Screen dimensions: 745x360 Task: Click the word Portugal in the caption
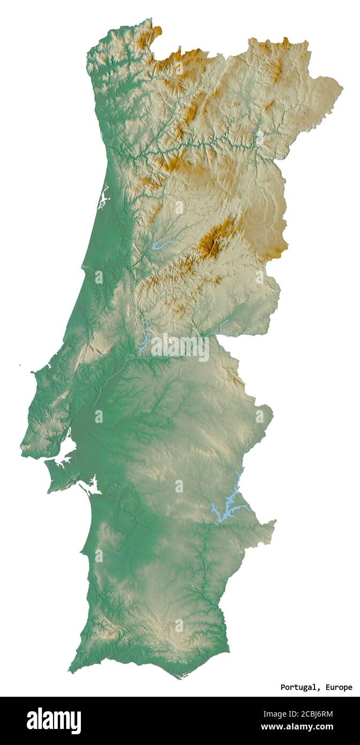point(298,687)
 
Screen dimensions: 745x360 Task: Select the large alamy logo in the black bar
point(54,720)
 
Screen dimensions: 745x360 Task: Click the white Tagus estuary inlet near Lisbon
point(64,450)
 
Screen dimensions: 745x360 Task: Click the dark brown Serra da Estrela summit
point(211,245)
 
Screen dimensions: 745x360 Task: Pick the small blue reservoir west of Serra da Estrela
point(160,245)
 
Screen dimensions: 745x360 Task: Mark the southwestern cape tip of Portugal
point(70,670)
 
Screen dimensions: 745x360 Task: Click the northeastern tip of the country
point(341,86)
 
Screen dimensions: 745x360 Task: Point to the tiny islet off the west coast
point(19,366)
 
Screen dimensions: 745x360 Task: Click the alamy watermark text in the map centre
point(179,347)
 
